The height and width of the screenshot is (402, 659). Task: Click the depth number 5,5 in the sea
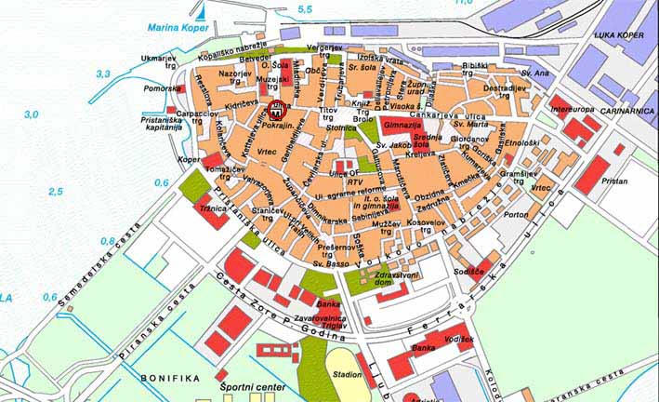point(305,9)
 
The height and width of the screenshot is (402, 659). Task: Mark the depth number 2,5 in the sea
point(56,191)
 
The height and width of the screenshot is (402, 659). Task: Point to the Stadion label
point(347,374)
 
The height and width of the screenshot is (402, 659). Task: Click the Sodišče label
point(475,269)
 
